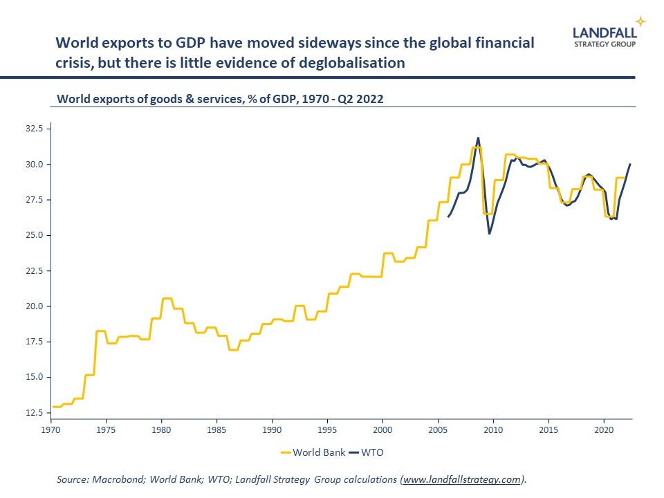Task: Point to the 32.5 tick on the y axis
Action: (33, 129)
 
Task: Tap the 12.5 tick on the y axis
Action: (33, 413)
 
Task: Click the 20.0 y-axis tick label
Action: (33, 306)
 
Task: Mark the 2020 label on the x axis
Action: (604, 429)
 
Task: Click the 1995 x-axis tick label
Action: (327, 429)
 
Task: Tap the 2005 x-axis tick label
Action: (438, 429)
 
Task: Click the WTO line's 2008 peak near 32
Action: (478, 138)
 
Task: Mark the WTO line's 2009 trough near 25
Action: (490, 234)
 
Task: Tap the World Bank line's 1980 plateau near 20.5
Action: (166, 298)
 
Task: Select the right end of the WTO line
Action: (630, 164)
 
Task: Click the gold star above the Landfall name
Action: (641, 21)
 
